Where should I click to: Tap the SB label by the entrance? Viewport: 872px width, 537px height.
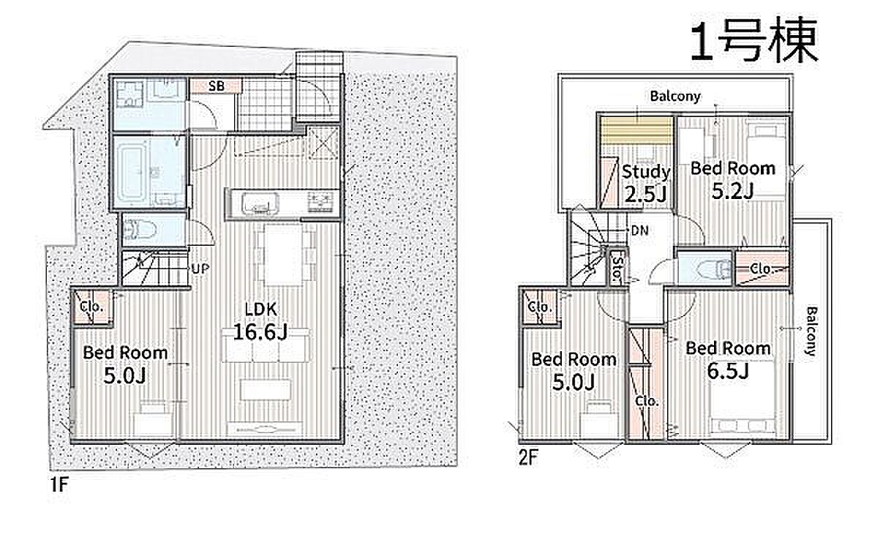pyautogui.click(x=217, y=86)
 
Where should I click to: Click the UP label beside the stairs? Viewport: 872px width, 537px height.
pyautogui.click(x=200, y=268)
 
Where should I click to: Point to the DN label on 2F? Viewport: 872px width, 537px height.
pyautogui.click(x=640, y=230)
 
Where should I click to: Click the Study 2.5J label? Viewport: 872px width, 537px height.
pyautogui.click(x=646, y=183)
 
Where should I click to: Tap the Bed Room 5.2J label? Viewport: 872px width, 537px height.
pyautogui.click(x=732, y=179)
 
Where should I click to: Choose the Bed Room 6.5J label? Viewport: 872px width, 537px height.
pyautogui.click(x=728, y=360)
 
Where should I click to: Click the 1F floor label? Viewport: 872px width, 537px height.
pyautogui.click(x=59, y=485)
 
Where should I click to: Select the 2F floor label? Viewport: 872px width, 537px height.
pyautogui.click(x=528, y=457)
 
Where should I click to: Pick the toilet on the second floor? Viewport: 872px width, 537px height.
pyautogui.click(x=715, y=268)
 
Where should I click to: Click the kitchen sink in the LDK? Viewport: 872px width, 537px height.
pyautogui.click(x=260, y=203)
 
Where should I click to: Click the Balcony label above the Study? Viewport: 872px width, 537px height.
pyautogui.click(x=675, y=96)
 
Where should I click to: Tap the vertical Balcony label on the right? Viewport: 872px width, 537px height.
pyautogui.click(x=811, y=332)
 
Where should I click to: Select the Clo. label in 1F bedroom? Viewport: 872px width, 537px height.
pyautogui.click(x=91, y=307)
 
